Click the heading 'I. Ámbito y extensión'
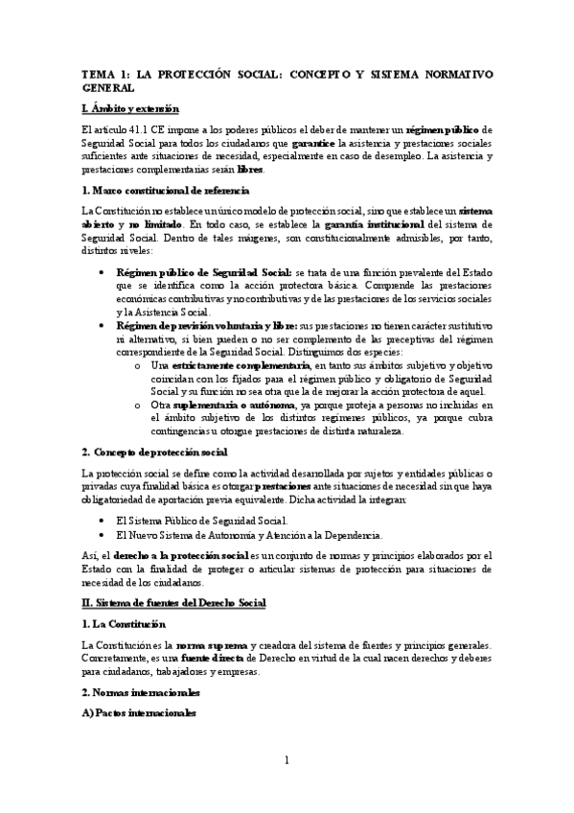tap(129, 108)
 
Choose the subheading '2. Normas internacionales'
tap(141, 691)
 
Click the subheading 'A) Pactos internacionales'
tap(140, 713)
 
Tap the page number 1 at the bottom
tap(287, 761)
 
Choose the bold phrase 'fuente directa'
tap(210, 657)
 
